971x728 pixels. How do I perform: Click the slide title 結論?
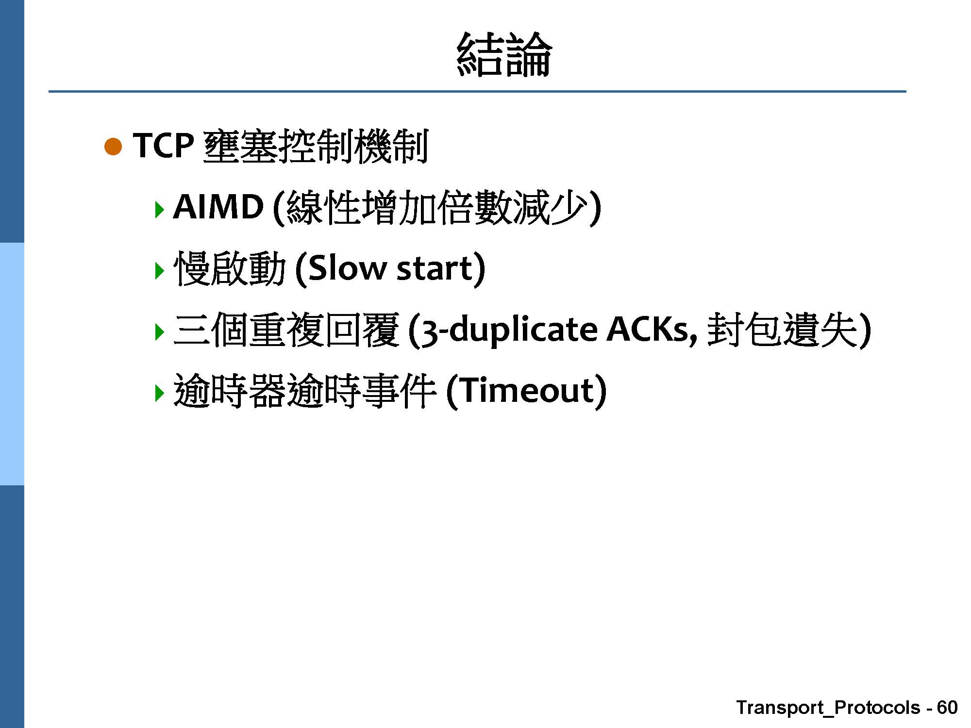(504, 54)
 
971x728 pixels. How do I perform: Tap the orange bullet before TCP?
(113, 147)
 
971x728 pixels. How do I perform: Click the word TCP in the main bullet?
(163, 146)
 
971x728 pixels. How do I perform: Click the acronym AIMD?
(218, 207)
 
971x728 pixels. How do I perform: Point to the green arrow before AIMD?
(159, 209)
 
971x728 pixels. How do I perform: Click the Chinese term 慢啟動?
(229, 268)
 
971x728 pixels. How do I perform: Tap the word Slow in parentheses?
(347, 268)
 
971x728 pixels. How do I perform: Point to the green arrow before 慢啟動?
(159, 270)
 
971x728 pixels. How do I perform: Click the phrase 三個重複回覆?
(286, 330)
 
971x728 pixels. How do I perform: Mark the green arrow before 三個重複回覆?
(159, 332)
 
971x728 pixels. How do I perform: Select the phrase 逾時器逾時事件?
(305, 391)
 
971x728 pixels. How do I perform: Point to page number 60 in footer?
(947, 707)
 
